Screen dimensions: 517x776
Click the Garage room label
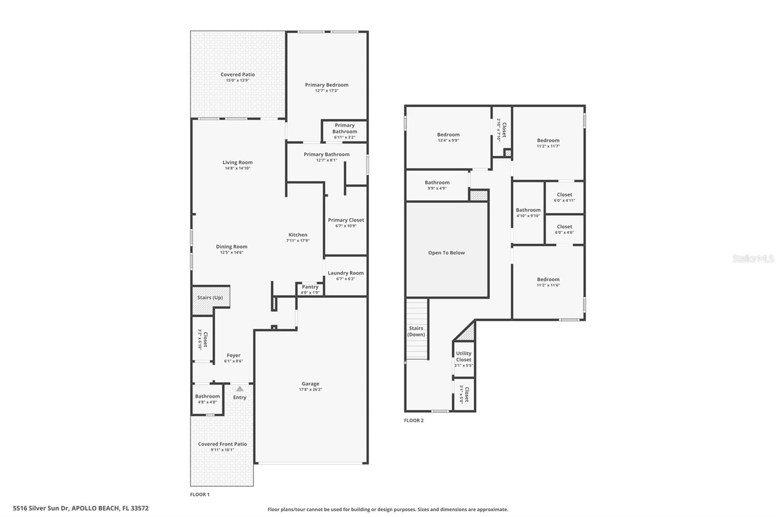pos(310,384)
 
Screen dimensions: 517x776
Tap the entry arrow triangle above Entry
pos(240,388)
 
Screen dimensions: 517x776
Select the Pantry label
pos(310,287)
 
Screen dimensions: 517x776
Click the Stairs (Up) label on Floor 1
pos(210,297)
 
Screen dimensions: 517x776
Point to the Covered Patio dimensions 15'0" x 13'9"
pos(238,81)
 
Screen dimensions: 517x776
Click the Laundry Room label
pos(345,273)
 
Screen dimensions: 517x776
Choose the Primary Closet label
pos(346,220)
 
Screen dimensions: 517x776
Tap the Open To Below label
pos(446,253)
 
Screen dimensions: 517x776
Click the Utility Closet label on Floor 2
pos(464,356)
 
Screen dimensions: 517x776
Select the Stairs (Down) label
pos(416,331)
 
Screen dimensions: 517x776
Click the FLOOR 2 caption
pos(414,420)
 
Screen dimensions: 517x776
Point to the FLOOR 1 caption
pos(200,495)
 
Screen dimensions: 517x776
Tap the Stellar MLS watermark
pos(753,259)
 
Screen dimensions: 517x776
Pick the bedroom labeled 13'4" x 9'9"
pos(448,137)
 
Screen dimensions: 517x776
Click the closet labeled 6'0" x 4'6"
pos(565,229)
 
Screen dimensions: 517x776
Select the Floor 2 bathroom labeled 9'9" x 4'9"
pos(437,185)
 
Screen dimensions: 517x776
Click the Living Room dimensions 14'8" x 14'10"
pos(238,168)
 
